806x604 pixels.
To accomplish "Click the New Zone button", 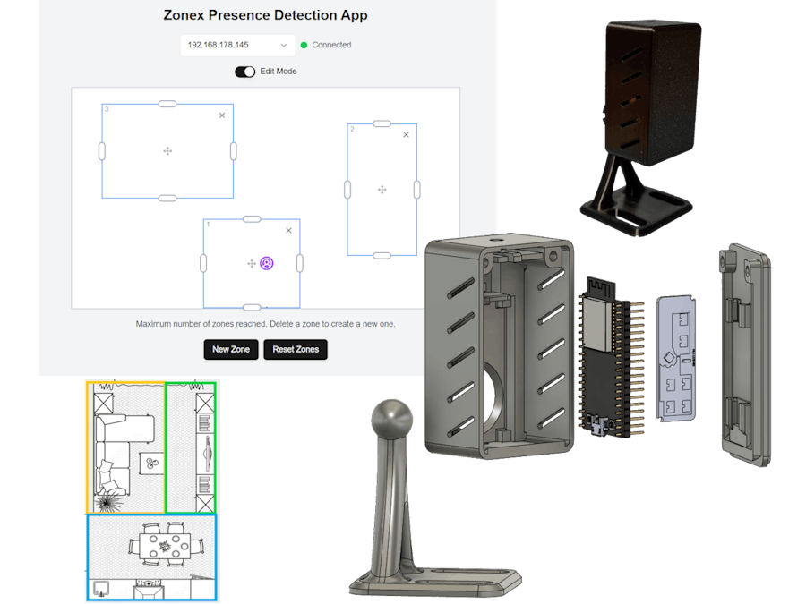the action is coord(231,349).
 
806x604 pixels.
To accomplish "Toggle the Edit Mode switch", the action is coord(244,72).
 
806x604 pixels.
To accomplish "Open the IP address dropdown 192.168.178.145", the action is coord(237,46).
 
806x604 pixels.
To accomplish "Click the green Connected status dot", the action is coord(304,46).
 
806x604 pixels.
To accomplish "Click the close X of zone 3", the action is coord(222,115).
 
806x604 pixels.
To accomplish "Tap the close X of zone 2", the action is coord(406,134).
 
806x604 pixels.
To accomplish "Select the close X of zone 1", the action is coord(289,231).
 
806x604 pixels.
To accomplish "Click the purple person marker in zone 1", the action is coord(267,263).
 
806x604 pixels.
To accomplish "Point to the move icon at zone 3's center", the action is coord(167,151).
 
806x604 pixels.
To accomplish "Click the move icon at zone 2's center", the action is coord(382,190).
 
